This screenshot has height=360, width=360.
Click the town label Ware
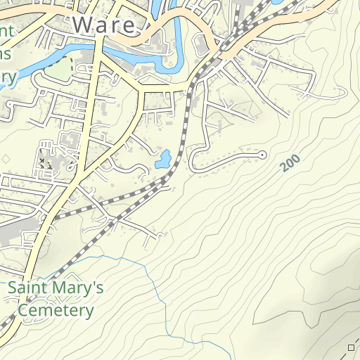(103, 25)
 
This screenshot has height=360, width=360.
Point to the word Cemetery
(56, 310)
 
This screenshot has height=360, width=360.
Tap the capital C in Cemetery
(24, 310)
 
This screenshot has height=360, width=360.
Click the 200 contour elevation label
(289, 163)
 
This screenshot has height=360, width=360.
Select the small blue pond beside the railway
(162, 159)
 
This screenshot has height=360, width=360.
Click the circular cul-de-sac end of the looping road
(262, 154)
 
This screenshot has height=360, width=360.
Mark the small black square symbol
(352, 347)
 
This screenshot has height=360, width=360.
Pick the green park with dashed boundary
(59, 68)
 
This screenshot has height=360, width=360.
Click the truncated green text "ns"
(6, 55)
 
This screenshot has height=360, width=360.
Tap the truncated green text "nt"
(8, 32)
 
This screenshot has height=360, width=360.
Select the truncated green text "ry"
(8, 77)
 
